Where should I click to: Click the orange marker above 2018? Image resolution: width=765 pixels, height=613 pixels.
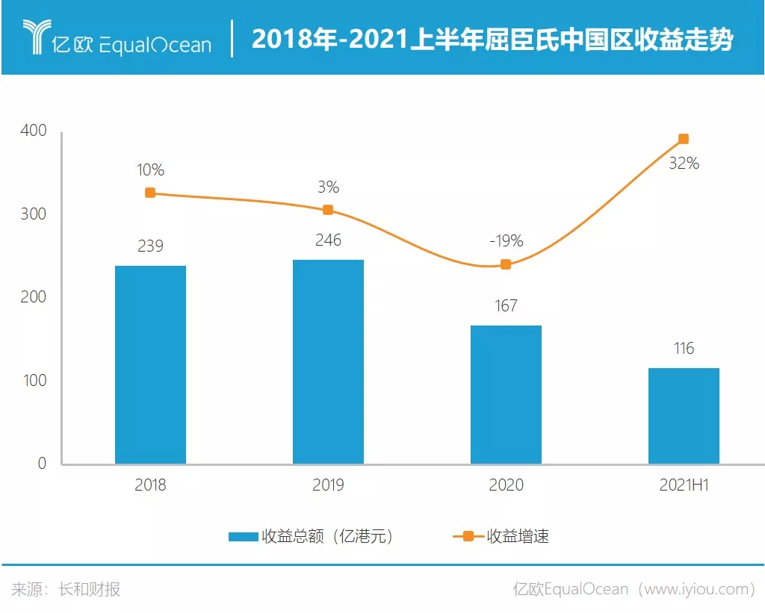pos(150,193)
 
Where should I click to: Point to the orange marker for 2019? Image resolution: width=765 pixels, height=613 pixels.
pos(328,210)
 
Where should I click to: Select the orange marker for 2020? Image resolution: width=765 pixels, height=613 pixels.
pos(506,264)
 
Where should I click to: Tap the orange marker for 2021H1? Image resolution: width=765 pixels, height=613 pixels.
pos(684,139)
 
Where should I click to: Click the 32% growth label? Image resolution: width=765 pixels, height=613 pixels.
pos(684,164)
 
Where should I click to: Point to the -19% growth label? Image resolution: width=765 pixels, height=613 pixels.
pos(506,241)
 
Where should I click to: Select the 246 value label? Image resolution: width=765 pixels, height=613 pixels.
pos(328,240)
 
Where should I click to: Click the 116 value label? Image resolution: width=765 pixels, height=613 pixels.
pos(684,348)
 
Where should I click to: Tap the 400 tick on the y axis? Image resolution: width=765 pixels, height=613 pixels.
pos(33,131)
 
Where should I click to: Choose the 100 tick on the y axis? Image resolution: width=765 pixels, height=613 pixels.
pos(33,380)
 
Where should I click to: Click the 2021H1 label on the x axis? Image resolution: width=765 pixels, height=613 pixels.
pos(684,485)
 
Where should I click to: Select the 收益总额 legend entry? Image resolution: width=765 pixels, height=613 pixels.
pos(310,536)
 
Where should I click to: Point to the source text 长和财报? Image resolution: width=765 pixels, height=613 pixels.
pos(89,589)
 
